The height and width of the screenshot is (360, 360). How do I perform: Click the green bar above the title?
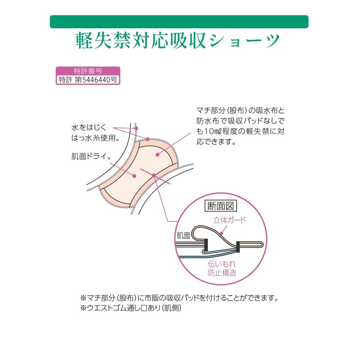click(179, 22)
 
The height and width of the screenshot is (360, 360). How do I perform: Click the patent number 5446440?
click(94, 80)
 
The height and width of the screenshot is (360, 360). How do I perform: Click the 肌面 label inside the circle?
click(184, 235)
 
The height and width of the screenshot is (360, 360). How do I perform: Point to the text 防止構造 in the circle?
click(222, 273)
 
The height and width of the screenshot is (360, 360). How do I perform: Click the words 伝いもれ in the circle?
click(222, 264)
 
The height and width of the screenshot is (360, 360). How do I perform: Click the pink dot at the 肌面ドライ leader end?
click(135, 175)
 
